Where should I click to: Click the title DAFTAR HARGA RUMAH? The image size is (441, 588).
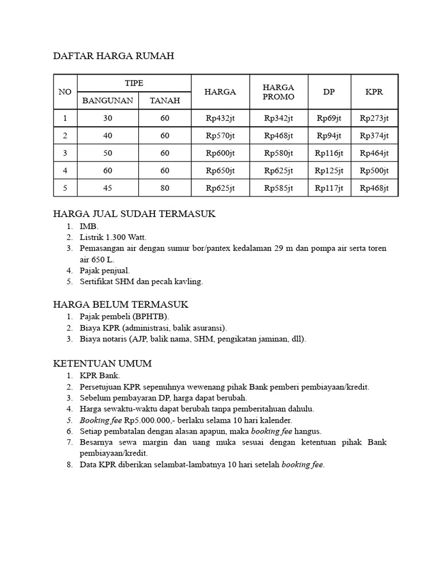(x=113, y=56)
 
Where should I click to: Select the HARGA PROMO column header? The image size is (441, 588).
(x=278, y=92)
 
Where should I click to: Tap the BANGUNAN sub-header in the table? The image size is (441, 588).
(x=107, y=100)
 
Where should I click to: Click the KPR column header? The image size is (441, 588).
(x=374, y=92)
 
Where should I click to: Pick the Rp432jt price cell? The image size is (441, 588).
(x=220, y=118)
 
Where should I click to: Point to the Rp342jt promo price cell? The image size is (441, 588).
(x=278, y=118)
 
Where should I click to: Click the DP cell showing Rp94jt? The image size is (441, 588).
(x=329, y=136)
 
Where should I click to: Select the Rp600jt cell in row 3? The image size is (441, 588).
(x=220, y=153)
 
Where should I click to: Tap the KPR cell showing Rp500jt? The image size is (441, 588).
(x=374, y=171)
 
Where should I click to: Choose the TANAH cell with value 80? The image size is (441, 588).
(x=165, y=188)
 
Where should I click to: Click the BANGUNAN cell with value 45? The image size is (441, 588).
(x=107, y=188)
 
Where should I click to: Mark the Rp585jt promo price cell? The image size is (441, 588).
(x=278, y=188)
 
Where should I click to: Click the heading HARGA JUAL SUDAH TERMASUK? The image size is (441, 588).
(x=134, y=214)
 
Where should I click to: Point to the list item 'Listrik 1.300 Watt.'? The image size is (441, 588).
(x=113, y=237)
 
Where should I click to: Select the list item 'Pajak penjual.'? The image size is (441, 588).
(x=105, y=270)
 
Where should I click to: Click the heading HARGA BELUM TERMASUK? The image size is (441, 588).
(x=121, y=304)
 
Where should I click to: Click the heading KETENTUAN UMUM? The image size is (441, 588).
(x=102, y=363)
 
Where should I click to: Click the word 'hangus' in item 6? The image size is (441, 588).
(x=308, y=431)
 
